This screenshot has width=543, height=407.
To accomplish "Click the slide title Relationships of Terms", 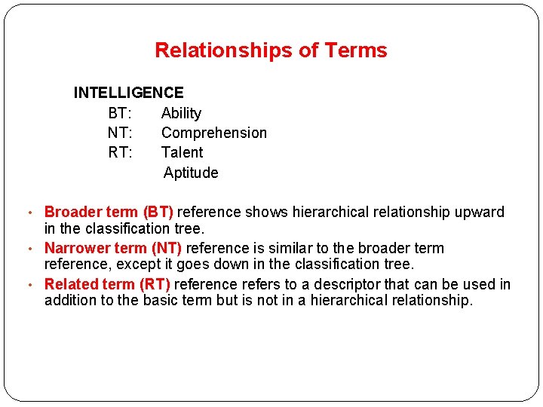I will click(x=271, y=50).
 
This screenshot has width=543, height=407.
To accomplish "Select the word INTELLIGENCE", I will click(x=128, y=93).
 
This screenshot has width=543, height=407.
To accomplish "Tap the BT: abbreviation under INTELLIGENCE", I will click(x=120, y=113).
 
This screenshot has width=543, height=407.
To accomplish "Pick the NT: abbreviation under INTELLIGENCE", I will click(x=120, y=133).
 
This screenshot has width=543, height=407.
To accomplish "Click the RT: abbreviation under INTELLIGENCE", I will click(x=120, y=152).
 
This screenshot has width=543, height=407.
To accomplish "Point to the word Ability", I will click(x=181, y=113).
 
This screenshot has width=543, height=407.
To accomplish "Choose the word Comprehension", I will click(x=214, y=133).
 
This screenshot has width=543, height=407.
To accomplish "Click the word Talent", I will click(x=182, y=152).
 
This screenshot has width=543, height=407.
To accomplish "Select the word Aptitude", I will click(x=191, y=173).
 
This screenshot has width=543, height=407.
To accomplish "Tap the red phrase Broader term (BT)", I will click(x=109, y=212).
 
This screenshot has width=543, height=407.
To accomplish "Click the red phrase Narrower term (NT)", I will click(x=113, y=248).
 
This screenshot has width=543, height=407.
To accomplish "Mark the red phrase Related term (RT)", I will click(x=107, y=284).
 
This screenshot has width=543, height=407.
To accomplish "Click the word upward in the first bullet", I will click(x=480, y=212).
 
